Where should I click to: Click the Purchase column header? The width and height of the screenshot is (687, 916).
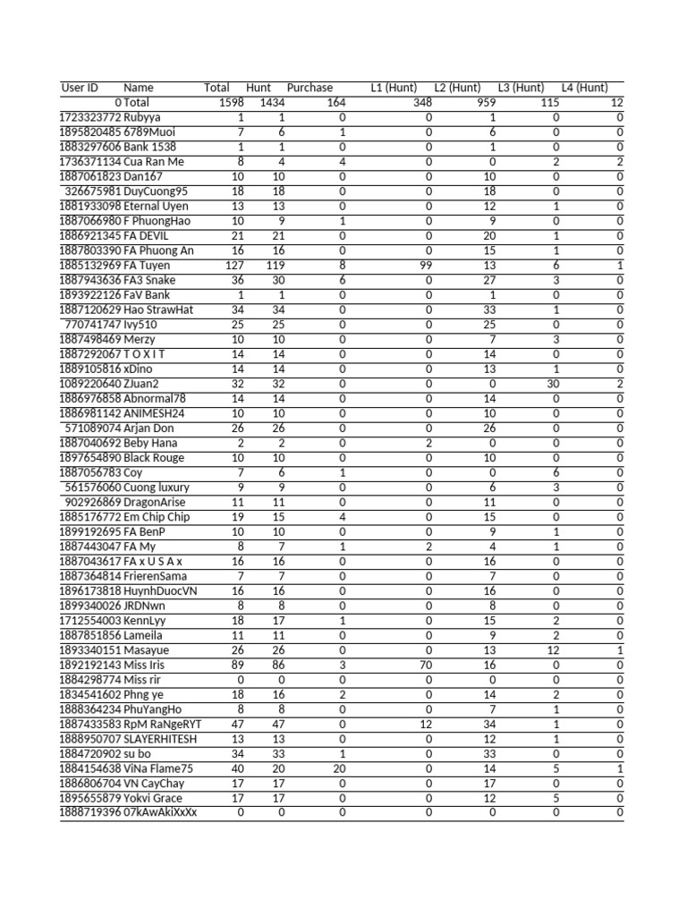(310, 88)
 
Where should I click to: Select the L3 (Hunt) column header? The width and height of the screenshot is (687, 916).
(521, 88)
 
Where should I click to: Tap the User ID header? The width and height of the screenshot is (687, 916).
(80, 88)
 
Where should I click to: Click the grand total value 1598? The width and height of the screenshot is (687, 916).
(231, 103)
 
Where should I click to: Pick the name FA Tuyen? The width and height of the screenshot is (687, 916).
(148, 266)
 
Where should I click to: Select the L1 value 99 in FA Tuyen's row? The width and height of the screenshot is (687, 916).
(424, 266)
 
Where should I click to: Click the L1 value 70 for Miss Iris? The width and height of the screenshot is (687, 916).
(424, 666)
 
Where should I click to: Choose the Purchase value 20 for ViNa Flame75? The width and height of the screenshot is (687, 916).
(339, 768)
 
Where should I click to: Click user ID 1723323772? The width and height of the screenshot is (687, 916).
(89, 117)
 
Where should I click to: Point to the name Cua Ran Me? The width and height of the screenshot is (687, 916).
(154, 162)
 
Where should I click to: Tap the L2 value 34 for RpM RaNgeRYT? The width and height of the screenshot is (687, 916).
(489, 724)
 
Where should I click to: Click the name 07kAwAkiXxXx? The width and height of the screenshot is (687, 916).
(160, 812)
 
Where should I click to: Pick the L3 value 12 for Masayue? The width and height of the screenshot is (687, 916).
(553, 650)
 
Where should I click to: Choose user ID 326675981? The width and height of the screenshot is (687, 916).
(93, 191)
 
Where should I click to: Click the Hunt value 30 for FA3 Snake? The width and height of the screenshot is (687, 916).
(277, 280)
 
